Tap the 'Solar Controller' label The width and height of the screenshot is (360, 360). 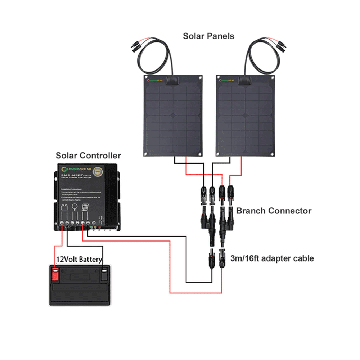click(88, 156)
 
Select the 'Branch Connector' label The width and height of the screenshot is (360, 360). click(274, 211)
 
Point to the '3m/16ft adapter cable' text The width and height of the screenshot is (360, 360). click(272, 258)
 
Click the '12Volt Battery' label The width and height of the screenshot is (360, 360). click(79, 259)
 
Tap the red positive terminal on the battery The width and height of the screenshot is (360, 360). click(55, 274)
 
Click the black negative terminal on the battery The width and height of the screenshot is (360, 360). click(104, 274)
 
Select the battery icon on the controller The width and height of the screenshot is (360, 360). click(65, 207)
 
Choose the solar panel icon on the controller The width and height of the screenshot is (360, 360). click(85, 207)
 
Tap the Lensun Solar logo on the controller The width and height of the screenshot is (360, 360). click(77, 169)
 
